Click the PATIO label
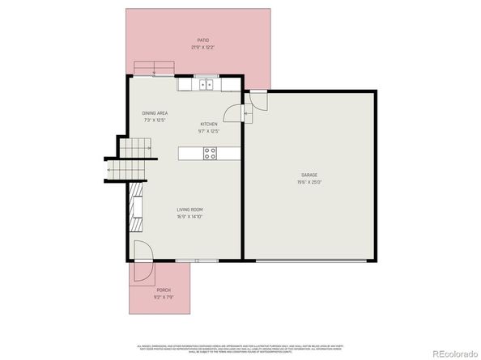[x=203, y=40]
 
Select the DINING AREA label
[x=155, y=113]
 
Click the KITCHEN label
[x=209, y=124]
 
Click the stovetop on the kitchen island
[x=210, y=151]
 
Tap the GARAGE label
[x=309, y=175]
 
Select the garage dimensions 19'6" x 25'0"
[x=309, y=182]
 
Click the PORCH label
[x=164, y=290]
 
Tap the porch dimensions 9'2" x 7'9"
[x=164, y=297]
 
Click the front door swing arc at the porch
[x=139, y=253]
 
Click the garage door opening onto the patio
[x=257, y=100]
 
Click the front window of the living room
[x=186, y=260]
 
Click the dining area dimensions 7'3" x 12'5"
[x=155, y=120]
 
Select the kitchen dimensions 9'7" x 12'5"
[x=209, y=131]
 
